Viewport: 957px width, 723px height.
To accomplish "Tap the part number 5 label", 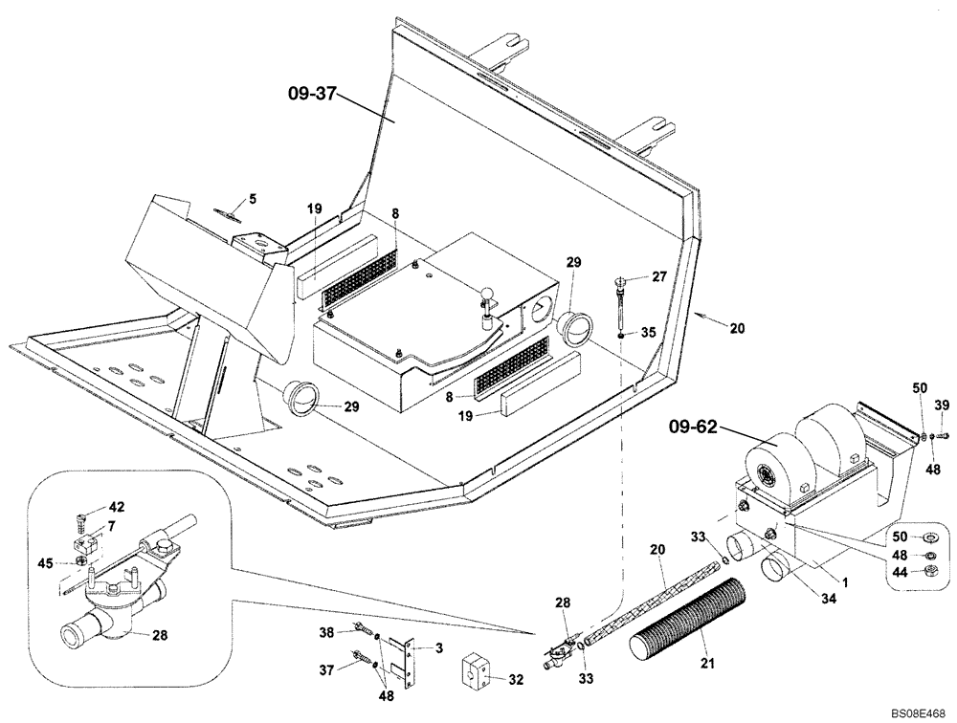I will [x=253, y=199].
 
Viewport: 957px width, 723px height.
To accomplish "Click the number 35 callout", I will [x=647, y=334].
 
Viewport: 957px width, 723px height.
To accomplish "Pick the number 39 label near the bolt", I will [x=942, y=406].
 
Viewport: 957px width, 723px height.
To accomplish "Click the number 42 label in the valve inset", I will [x=117, y=507].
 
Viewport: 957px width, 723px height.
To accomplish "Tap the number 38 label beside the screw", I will [x=327, y=632].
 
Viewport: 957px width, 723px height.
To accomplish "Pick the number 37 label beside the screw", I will [x=327, y=669].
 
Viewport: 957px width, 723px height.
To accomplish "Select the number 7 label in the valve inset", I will [x=111, y=526].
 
